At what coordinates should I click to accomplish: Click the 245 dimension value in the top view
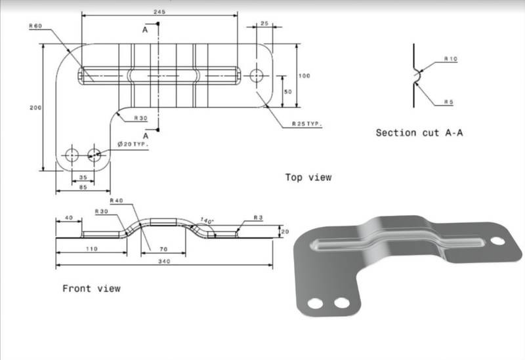coord(157,12)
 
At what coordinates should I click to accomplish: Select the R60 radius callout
coord(35,26)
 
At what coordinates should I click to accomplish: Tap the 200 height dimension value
coord(34,108)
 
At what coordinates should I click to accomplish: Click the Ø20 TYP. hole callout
coord(133,143)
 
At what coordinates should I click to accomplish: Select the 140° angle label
coord(207,222)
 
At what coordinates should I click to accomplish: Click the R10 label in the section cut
coord(450,59)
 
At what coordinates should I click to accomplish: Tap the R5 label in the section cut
coord(449,102)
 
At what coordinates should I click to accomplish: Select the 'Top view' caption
coord(308,177)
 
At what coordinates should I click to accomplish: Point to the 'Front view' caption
coord(91,289)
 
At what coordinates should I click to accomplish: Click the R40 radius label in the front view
coord(117,201)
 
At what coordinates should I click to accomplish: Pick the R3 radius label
coord(258,218)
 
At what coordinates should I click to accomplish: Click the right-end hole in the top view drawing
coord(255,74)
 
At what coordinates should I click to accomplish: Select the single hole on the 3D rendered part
coord(498,241)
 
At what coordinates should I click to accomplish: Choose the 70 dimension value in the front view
coord(162,249)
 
